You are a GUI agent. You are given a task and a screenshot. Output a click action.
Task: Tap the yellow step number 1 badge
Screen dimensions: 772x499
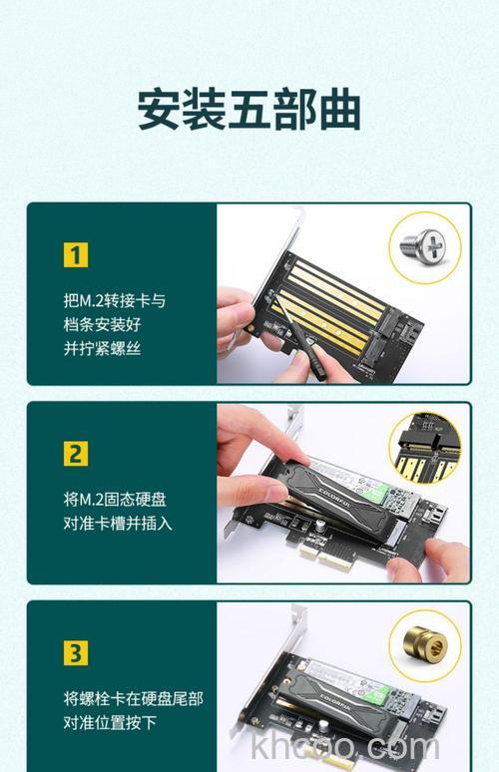tap(76, 254)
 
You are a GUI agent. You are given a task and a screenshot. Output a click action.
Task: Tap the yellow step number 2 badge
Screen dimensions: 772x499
tap(76, 454)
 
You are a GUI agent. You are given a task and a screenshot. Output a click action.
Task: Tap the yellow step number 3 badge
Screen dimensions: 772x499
tap(76, 653)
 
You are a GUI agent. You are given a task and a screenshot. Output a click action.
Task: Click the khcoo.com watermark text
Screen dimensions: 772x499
tap(345, 746)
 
